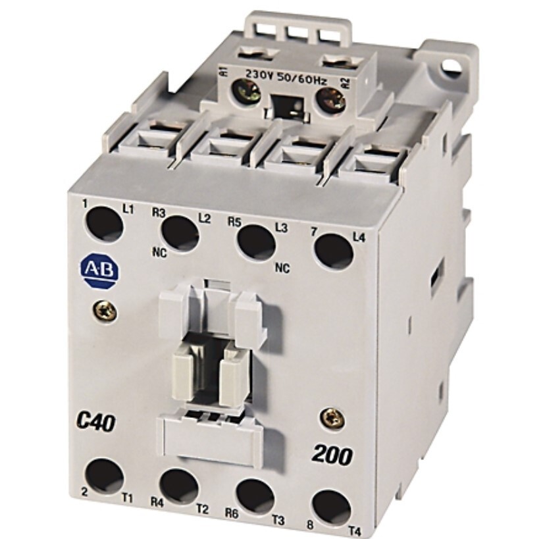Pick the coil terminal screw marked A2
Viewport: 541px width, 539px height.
330,99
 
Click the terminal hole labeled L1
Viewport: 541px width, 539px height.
104,224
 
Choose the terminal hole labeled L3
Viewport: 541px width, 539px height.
257,242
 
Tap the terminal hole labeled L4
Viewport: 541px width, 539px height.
334,251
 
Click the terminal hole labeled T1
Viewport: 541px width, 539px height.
105,476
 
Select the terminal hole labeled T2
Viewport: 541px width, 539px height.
179,486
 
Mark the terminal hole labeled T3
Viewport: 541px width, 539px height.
255,497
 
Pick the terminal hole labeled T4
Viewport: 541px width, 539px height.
331,507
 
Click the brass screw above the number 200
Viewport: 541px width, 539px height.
333,416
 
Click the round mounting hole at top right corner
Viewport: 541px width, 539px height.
451,65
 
